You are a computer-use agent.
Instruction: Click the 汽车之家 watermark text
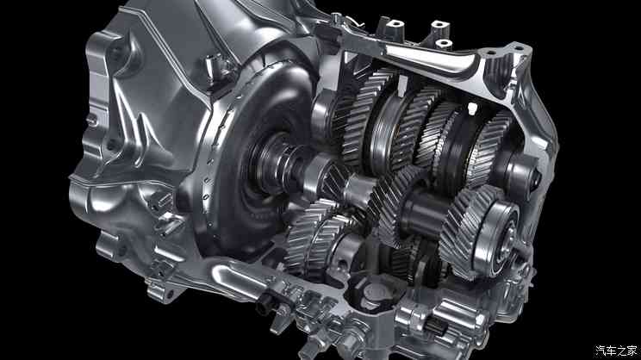point(616,351)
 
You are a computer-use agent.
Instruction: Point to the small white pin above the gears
point(472,109)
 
